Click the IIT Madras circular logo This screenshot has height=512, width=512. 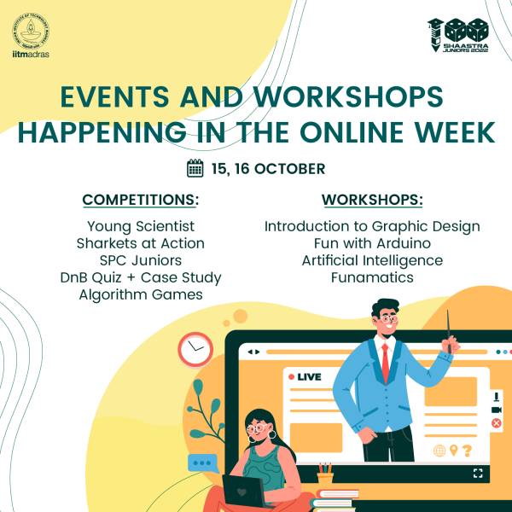pyautogui.click(x=31, y=32)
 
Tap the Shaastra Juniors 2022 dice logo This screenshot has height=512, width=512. pyautogui.click(x=458, y=35)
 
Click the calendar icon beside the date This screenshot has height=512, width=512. pyautogui.click(x=195, y=168)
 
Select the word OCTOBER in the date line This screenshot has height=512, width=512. pyautogui.click(x=289, y=169)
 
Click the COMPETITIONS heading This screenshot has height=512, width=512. pyautogui.click(x=141, y=200)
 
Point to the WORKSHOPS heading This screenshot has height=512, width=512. pyautogui.click(x=372, y=200)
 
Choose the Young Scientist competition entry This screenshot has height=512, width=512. pyautogui.click(x=141, y=227)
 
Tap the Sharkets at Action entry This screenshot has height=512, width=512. pyautogui.click(x=141, y=243)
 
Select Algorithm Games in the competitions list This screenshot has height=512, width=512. pyautogui.click(x=141, y=295)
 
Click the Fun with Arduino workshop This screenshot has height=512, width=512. pyautogui.click(x=372, y=243)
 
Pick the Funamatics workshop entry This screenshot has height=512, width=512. pyautogui.click(x=372, y=277)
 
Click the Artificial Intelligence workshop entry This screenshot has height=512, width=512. pyautogui.click(x=372, y=261)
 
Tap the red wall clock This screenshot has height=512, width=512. pyautogui.click(x=195, y=349)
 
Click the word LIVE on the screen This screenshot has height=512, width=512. pyautogui.click(x=309, y=377)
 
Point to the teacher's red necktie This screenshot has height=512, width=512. pyautogui.click(x=386, y=363)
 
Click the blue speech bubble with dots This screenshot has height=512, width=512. pyautogui.click(x=203, y=463)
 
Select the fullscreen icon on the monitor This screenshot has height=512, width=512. pyautogui.click(x=478, y=473)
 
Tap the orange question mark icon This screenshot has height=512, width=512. pyautogui.click(x=467, y=451)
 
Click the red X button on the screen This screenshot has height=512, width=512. pyautogui.click(x=496, y=423)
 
